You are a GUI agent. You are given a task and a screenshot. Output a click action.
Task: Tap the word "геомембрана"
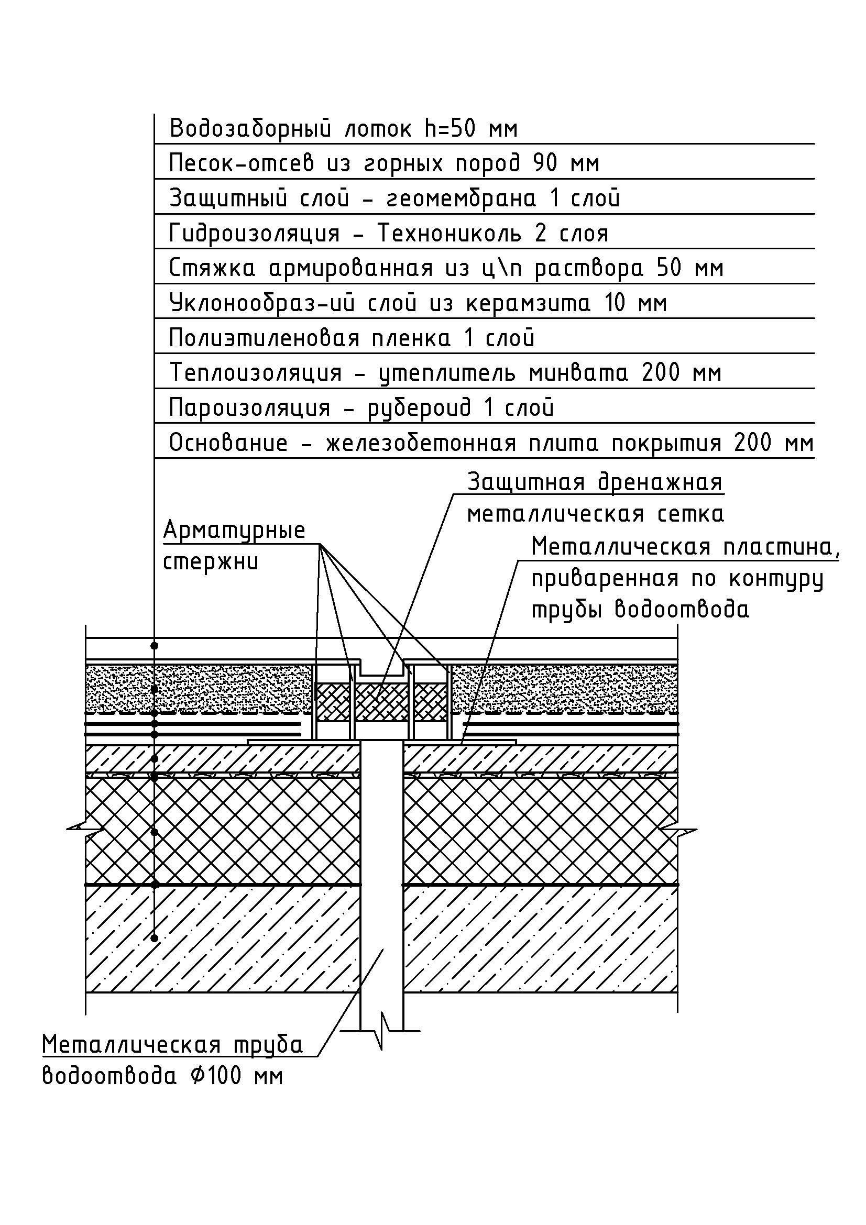(x=460, y=198)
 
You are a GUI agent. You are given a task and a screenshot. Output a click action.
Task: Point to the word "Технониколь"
(x=449, y=234)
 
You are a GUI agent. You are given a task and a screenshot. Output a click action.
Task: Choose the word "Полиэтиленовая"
(x=265, y=338)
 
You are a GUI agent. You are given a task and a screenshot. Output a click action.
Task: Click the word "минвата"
(x=578, y=373)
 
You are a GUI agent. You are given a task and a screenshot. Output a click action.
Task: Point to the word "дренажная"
(x=660, y=482)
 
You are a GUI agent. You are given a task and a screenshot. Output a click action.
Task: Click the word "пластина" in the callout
(x=780, y=547)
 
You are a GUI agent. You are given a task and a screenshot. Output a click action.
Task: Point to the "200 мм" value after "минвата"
(x=681, y=373)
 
